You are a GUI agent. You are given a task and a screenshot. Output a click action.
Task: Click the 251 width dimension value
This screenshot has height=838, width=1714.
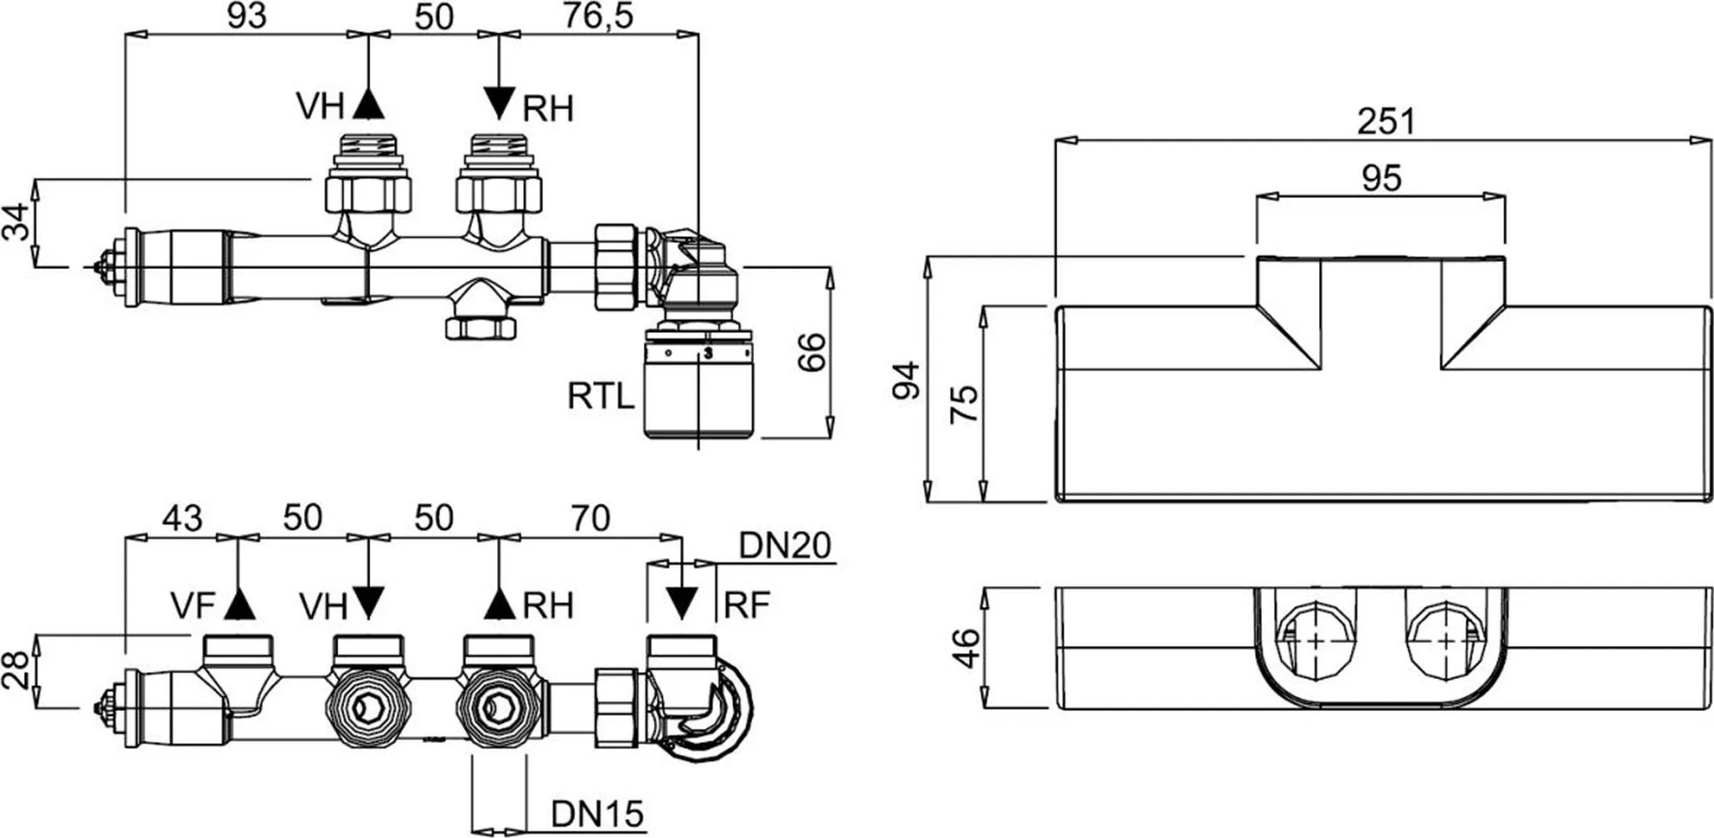tap(1386, 121)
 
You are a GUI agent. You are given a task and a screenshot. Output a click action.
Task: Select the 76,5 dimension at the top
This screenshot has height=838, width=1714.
tap(598, 16)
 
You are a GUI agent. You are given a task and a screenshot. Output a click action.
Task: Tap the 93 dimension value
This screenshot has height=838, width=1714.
tap(248, 16)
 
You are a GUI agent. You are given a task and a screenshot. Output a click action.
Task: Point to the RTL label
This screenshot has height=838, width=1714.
tap(600, 396)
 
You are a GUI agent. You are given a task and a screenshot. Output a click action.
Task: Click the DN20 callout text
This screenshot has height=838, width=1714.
tap(784, 546)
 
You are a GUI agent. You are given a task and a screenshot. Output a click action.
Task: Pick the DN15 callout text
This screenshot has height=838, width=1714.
tap(597, 814)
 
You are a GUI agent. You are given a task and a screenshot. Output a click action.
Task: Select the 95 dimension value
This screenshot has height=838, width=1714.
tap(1381, 177)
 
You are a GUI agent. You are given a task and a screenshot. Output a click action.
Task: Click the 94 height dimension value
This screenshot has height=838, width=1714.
tap(907, 381)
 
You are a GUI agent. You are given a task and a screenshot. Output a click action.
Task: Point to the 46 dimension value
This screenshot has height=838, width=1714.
tap(964, 648)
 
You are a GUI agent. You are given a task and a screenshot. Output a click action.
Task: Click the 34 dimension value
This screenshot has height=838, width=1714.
tap(17, 222)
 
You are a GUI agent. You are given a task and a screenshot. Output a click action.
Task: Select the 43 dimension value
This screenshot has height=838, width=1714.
tap(182, 518)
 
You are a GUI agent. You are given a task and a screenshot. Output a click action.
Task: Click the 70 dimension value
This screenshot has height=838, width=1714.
tap(590, 518)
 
